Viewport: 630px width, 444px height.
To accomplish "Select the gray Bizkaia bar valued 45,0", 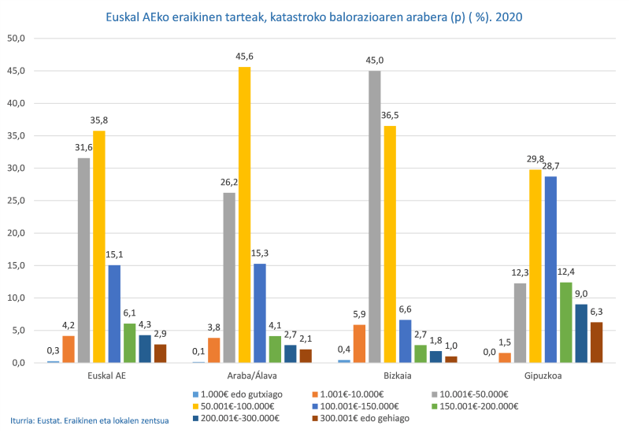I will pyautogui.click(x=375, y=216).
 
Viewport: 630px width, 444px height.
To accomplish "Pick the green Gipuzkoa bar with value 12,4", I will pyautogui.click(x=566, y=322).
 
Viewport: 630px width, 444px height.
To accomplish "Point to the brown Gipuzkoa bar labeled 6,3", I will pyautogui.click(x=596, y=342).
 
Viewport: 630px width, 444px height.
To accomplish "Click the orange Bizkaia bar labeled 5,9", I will pyautogui.click(x=359, y=344).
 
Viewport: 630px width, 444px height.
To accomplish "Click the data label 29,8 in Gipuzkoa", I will pyautogui.click(x=535, y=159).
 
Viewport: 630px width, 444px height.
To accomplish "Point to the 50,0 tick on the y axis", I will pyautogui.click(x=17, y=39).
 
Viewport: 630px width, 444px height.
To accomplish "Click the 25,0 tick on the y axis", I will pyautogui.click(x=17, y=201).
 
